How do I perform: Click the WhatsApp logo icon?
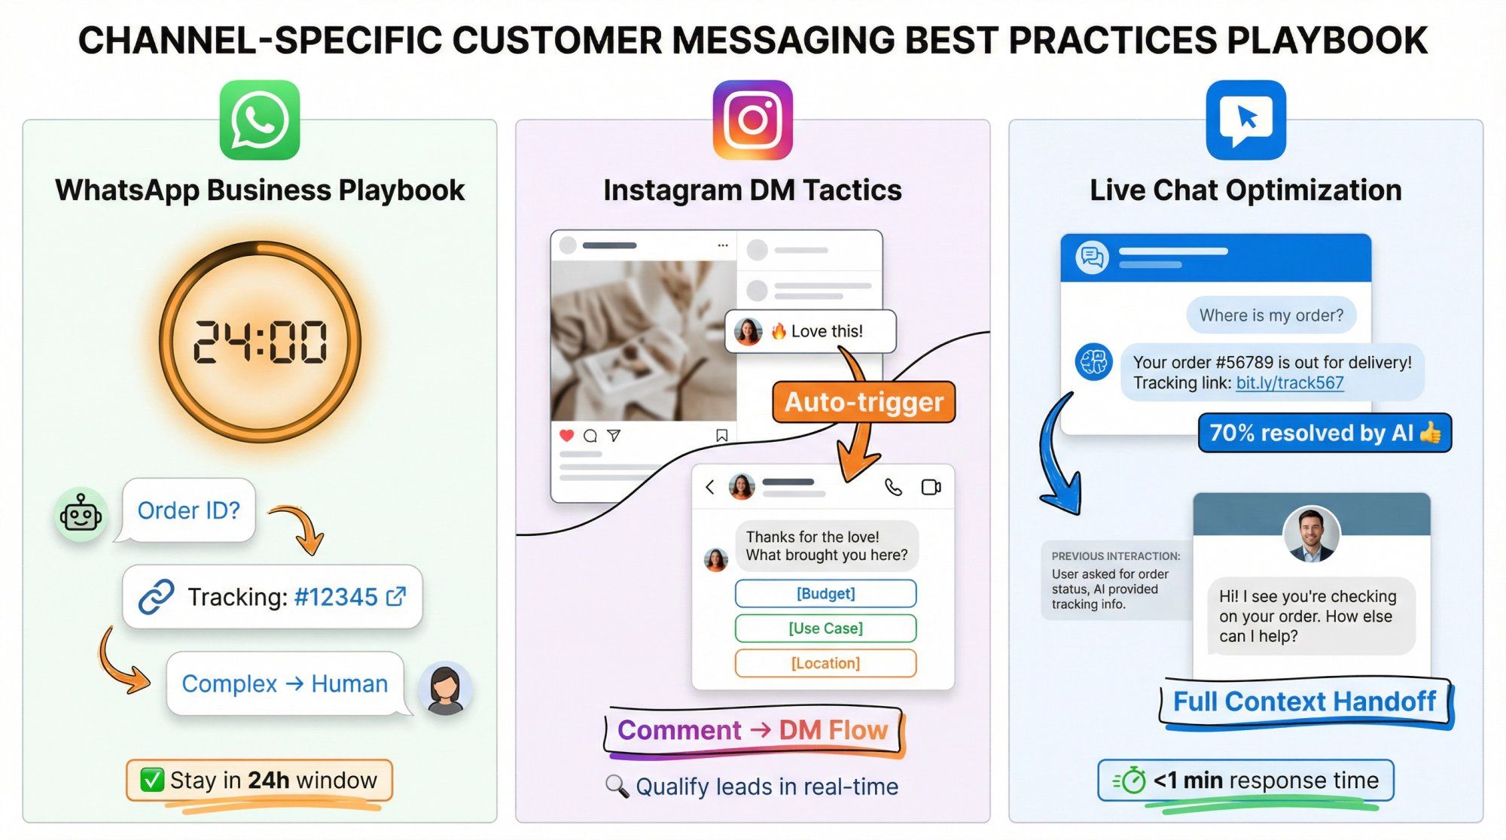[x=260, y=120]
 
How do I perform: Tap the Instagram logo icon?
[x=752, y=120]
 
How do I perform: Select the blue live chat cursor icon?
[x=1245, y=120]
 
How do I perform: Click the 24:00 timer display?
[x=260, y=342]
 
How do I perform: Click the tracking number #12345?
[x=336, y=597]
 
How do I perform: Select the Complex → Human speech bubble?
[x=285, y=683]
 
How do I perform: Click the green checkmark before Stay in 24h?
[x=152, y=780]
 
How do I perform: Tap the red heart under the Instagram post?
[x=567, y=435]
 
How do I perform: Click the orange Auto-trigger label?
[x=864, y=402]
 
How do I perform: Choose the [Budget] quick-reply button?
[x=825, y=593]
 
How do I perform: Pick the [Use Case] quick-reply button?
[x=825, y=628]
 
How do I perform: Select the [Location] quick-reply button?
[x=825, y=663]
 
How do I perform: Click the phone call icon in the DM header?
[x=893, y=487]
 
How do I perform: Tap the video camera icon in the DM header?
[x=931, y=487]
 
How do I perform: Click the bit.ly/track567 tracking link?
[x=1289, y=383]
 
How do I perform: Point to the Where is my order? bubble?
[x=1271, y=315]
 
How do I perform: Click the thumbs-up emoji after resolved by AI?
[x=1430, y=432]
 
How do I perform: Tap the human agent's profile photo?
[x=1311, y=534]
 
